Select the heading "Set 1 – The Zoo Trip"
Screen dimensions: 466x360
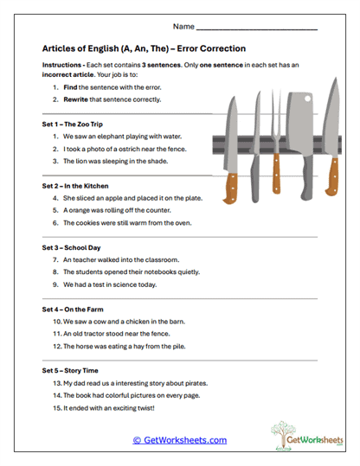tap(76, 124)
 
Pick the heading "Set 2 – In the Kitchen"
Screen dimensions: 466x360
tap(80, 186)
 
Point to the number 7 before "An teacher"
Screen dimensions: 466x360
tap(55, 259)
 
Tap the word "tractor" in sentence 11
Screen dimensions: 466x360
tap(106, 333)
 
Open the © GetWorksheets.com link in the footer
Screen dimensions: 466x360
tap(180, 440)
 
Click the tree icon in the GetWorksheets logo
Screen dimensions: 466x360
tap(283, 434)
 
